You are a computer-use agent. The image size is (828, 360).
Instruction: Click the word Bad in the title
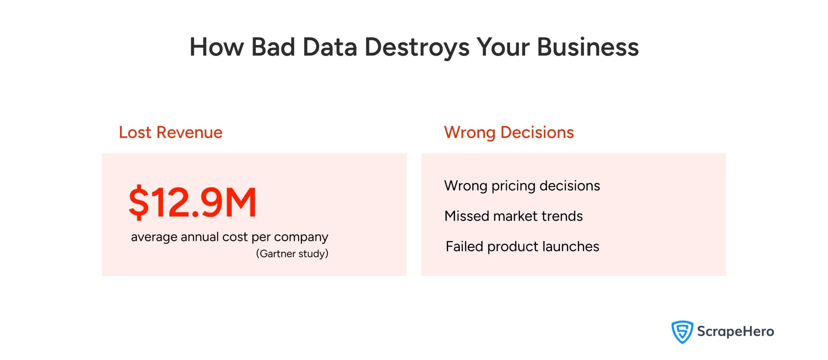pos(273,47)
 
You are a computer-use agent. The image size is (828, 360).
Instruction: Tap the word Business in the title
pos(588,47)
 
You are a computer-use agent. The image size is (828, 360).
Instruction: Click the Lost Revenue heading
pos(171,132)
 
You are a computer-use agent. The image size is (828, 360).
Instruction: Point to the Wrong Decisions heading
pos(509,132)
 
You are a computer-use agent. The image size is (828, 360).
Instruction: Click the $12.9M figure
pos(193,202)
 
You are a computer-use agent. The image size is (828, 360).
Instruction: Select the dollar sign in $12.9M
pos(139,202)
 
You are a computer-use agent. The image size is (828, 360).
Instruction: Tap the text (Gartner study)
pos(292,254)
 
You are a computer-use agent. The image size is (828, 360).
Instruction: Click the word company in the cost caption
pos(301,237)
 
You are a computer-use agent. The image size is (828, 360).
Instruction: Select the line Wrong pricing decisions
pos(522,186)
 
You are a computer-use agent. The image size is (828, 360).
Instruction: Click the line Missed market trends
pos(513,216)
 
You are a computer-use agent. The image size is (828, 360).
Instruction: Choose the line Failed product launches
pos(522,246)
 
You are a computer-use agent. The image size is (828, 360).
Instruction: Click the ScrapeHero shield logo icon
pos(682,332)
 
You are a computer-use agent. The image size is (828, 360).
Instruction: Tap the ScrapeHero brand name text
pos(735,332)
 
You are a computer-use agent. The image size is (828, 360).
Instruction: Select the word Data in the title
pos(330,47)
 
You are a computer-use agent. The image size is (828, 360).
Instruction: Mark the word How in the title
pos(217,47)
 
